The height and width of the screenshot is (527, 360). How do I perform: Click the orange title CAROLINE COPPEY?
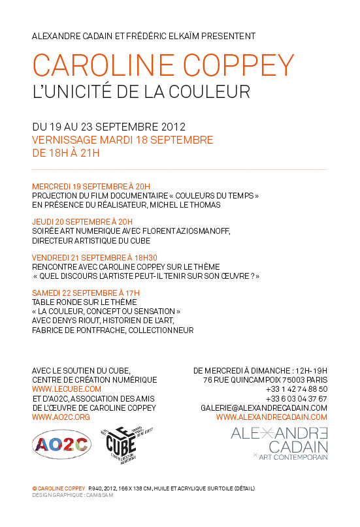tap(163, 66)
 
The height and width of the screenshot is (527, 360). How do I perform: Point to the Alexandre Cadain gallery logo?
tap(280, 443)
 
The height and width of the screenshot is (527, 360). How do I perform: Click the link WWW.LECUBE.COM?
tap(67, 389)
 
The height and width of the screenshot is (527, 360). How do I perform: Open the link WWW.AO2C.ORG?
tap(61, 417)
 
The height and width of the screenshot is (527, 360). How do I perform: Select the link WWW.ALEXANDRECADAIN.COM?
tap(271, 417)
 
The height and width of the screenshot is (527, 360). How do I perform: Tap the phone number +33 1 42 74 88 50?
tap(296, 389)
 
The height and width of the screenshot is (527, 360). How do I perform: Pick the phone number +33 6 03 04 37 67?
tap(296, 398)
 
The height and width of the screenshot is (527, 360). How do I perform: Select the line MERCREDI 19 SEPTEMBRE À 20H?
tap(91, 186)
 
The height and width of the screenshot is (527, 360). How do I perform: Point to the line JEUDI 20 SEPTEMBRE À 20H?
tap(82, 221)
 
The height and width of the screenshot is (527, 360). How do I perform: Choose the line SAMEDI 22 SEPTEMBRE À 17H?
tap(86, 293)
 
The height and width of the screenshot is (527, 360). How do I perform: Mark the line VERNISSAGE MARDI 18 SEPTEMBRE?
tap(122, 140)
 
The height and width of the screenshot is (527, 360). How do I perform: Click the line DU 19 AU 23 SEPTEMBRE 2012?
tap(109, 126)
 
